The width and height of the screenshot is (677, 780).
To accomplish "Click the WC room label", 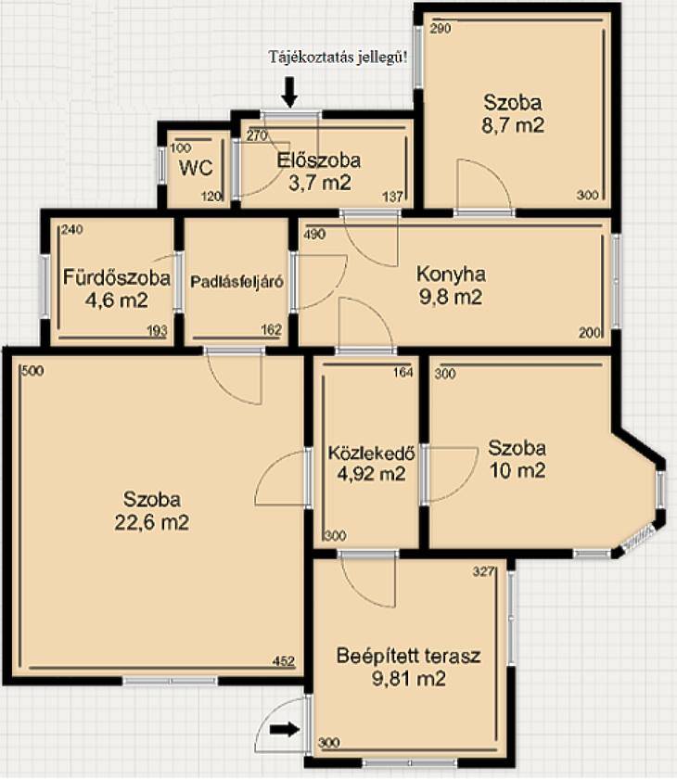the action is (196, 168).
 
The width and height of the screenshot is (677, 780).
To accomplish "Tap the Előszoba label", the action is (319, 160).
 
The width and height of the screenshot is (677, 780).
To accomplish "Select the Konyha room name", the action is (451, 275).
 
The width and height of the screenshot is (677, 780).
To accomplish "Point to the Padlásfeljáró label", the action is (236, 282).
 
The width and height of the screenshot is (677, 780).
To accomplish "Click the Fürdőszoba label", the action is (117, 277).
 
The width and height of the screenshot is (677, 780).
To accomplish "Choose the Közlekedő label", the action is (372, 453).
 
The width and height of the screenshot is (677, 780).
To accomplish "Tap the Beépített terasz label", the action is (408, 656).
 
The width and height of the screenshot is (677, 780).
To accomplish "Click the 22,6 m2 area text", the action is (152, 523).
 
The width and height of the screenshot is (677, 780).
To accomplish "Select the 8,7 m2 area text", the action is (513, 125).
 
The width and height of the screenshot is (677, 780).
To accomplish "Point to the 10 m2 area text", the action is (517, 470).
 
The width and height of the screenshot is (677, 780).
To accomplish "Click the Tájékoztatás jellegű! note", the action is (338, 57).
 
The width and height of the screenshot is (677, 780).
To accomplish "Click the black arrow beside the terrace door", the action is (285, 730).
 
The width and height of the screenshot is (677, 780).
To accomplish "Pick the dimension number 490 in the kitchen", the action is (313, 235).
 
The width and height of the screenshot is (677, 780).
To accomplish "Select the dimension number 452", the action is (284, 661).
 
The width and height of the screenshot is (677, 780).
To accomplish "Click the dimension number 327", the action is (483, 571).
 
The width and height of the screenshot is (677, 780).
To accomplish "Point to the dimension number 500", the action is (32, 371).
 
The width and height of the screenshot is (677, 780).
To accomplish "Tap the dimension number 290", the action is (441, 29).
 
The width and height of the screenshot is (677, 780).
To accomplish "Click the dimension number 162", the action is (271, 330).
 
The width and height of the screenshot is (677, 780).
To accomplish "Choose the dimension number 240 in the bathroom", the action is (72, 230).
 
